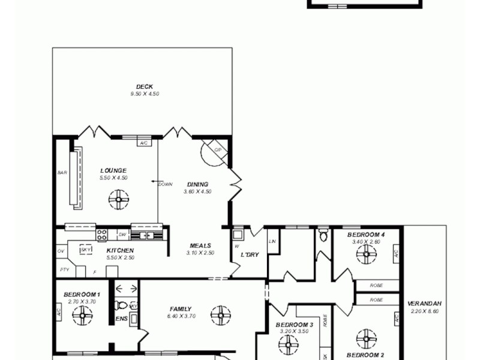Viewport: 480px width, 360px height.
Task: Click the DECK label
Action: pyautogui.click(x=144, y=87)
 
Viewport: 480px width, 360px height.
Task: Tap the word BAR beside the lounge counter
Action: pyautogui.click(x=62, y=173)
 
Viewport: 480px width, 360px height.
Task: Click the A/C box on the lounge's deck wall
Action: pyautogui.click(x=143, y=143)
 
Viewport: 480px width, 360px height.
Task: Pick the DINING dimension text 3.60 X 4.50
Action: pyautogui.click(x=198, y=192)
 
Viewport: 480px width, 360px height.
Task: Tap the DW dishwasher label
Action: pyautogui.click(x=122, y=235)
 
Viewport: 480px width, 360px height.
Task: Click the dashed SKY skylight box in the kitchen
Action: pyautogui.click(x=86, y=250)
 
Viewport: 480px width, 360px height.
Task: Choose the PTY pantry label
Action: pyautogui.click(x=64, y=270)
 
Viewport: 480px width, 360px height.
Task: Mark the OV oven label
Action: pyautogui.click(x=61, y=250)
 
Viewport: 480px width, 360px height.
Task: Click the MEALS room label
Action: pyautogui.click(x=200, y=245)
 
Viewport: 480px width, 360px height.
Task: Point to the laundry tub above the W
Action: pyautogui.click(x=238, y=234)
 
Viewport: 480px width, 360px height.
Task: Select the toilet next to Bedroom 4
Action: pyautogui.click(x=324, y=234)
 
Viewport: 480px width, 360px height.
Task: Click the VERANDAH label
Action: pyautogui.click(x=424, y=303)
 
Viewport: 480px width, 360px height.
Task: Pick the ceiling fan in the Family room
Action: pyautogui.click(x=220, y=314)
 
